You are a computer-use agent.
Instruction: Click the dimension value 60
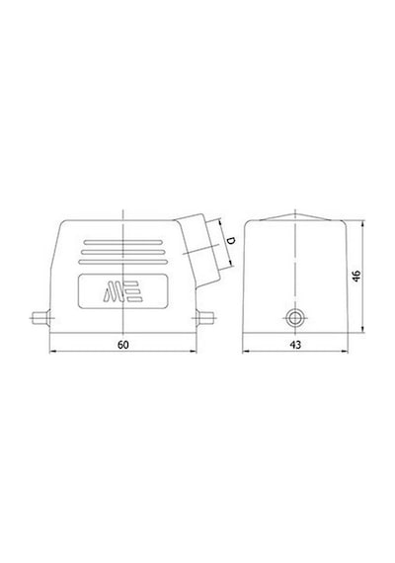[122, 345]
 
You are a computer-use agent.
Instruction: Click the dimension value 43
[295, 345]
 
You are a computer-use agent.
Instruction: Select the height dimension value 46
[355, 276]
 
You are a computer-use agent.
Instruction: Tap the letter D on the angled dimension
[232, 240]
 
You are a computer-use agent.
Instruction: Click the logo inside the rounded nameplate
[123, 290]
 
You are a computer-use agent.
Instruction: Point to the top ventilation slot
[122, 242]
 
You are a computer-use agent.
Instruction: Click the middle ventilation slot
[122, 252]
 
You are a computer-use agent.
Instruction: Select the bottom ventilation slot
[122, 262]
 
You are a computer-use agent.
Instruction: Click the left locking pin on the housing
[40, 318]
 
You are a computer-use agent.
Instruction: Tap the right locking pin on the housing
[205, 318]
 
